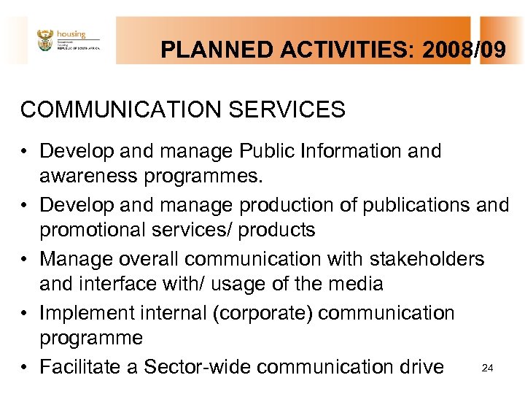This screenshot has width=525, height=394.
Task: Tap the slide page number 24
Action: (x=488, y=368)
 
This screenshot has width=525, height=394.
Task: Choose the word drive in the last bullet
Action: (x=420, y=366)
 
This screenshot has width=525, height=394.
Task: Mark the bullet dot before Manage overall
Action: (x=26, y=260)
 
